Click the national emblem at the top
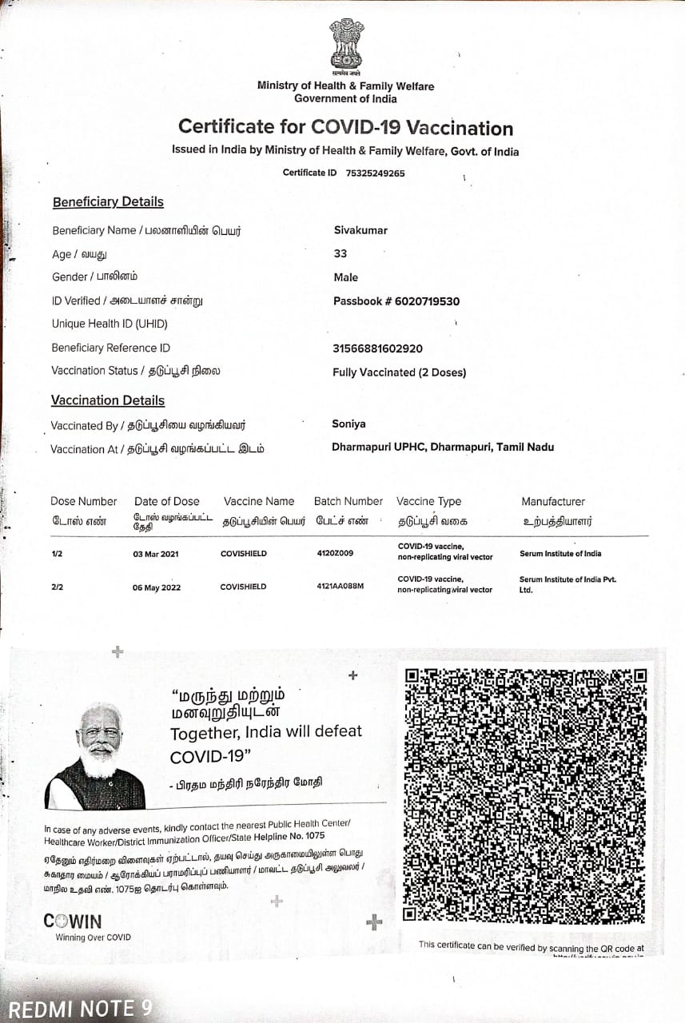tap(345, 46)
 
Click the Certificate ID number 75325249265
tap(375, 173)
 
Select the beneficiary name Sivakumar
tap(360, 230)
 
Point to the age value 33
tap(341, 253)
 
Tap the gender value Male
tap(346, 277)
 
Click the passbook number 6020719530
tap(428, 301)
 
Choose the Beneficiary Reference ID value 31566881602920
tap(377, 348)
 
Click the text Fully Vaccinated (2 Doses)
tap(399, 372)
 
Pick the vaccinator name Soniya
tap(348, 424)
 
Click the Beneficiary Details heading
tap(108, 202)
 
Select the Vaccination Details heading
tap(108, 400)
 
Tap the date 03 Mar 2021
tap(157, 553)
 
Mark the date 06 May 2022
tap(157, 587)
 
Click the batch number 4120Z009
tap(335, 553)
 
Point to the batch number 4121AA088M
tap(340, 587)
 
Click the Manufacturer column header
tap(553, 501)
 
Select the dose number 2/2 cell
tap(58, 587)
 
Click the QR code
tap(525, 794)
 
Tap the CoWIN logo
tap(72, 921)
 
